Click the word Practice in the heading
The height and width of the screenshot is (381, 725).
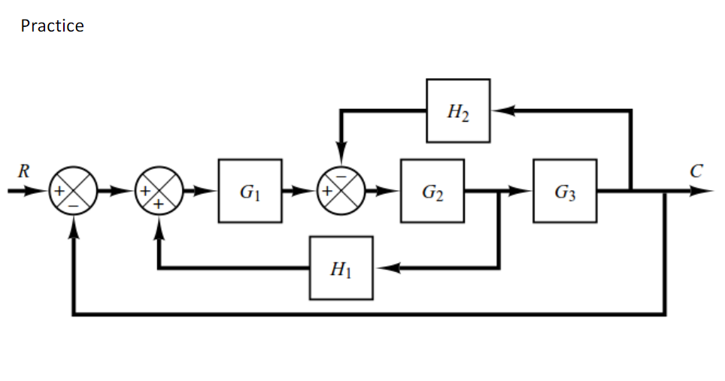52,26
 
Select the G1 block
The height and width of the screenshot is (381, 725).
250,191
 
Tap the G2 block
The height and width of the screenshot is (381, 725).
432,191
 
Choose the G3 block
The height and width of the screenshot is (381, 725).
565,191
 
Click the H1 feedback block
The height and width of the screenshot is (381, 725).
341,268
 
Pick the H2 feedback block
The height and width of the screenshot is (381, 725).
457,111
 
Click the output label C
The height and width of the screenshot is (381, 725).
696,171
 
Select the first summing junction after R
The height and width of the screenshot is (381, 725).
74,191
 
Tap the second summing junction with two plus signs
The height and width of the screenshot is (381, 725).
159,191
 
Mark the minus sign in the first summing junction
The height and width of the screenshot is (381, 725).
74,202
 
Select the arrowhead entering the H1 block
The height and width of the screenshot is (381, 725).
384,268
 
